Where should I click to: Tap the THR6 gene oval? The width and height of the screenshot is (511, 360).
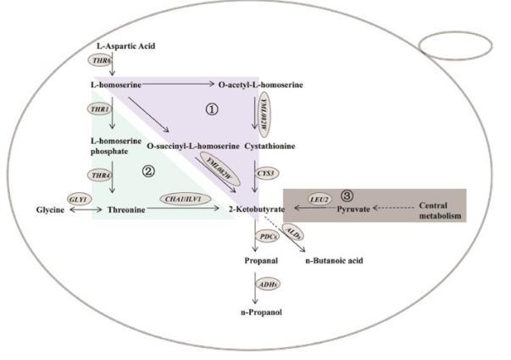(x=100, y=61)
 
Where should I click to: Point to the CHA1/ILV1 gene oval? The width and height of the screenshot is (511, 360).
(x=181, y=199)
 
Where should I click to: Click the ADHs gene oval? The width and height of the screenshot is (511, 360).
(x=267, y=285)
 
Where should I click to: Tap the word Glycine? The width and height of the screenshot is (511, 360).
(x=50, y=208)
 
